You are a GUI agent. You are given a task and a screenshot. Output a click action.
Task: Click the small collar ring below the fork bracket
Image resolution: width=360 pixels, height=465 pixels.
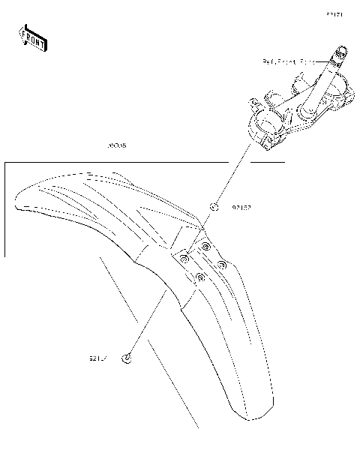pos(213,207)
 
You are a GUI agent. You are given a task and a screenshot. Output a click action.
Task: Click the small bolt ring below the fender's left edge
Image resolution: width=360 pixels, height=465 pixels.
pos(128,358)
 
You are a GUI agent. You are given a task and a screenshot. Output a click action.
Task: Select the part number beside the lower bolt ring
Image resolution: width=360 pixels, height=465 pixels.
pos(97,358)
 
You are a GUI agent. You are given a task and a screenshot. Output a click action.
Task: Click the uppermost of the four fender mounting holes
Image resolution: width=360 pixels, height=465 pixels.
pos(205,246)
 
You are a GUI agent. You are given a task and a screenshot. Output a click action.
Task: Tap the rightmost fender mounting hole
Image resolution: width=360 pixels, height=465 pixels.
pos(222,264)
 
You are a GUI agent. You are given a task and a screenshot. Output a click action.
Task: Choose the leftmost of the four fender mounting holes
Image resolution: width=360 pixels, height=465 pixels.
pos(184,259)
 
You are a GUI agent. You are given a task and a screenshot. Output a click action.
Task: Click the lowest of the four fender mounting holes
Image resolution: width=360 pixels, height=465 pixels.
pos(199,277)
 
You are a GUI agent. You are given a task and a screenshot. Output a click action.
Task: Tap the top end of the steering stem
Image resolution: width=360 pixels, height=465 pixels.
pos(342,51)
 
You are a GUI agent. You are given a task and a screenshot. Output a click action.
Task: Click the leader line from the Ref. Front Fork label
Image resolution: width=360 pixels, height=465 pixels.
pos(324,63)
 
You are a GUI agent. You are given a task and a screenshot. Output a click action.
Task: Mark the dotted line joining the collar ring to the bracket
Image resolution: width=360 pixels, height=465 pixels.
pos(231,175)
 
